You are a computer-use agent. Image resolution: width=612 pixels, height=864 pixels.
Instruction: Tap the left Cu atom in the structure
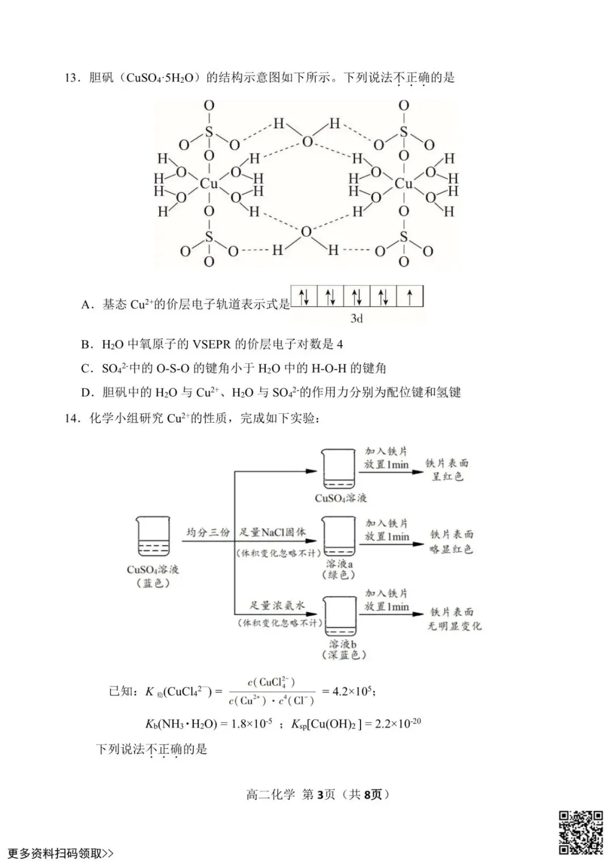coord(209,184)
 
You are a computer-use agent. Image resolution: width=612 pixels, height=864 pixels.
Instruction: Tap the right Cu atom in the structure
coord(403,184)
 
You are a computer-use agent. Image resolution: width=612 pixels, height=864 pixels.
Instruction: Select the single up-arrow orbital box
coord(410,296)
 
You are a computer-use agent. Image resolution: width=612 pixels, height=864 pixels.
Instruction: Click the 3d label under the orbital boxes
coord(356,318)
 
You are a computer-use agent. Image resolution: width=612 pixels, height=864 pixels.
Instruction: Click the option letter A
coord(86,305)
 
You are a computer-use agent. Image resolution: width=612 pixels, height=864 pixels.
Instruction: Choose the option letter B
coord(86,344)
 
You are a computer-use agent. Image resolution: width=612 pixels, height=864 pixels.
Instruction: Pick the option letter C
coord(86,369)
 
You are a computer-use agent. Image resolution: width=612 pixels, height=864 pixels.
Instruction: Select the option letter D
coord(86,393)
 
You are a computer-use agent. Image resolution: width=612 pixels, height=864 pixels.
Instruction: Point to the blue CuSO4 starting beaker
coord(152,537)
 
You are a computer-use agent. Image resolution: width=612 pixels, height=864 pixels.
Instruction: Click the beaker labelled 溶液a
coord(339,536)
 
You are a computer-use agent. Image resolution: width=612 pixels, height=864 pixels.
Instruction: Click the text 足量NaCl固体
coord(271,533)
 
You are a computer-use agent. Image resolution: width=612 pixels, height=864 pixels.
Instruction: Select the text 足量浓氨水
coord(277,606)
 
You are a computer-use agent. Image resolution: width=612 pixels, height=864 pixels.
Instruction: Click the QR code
coord(581,832)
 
